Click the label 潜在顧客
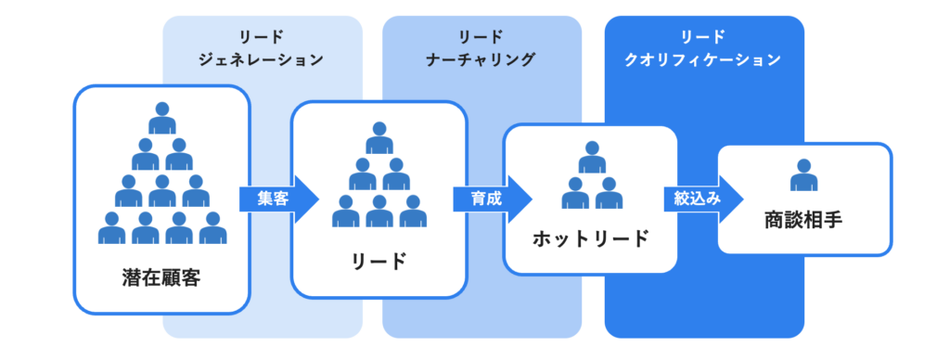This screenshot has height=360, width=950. click(160, 277)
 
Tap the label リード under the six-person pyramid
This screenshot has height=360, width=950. click(379, 261)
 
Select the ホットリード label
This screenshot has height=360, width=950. click(590, 238)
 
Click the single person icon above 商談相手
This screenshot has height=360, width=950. click(803, 175)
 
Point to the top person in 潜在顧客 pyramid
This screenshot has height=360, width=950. click(162, 118)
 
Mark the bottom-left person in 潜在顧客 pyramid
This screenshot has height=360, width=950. click(112, 227)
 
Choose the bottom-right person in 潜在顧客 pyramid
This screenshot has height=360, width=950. click(213, 227)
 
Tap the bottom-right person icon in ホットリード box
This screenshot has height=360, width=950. click(609, 193)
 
